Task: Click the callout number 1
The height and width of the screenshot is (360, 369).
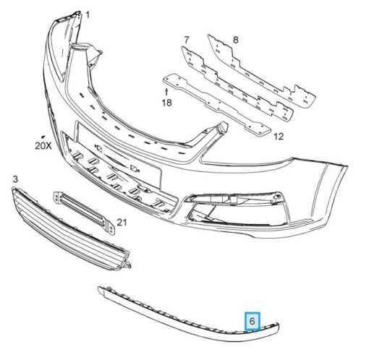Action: click(88, 15)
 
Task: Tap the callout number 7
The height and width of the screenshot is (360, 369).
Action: click(186, 40)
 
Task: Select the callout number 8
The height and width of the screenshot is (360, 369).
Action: click(235, 40)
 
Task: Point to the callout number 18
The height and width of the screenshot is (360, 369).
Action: click(166, 103)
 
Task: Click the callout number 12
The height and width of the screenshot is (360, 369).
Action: click(279, 137)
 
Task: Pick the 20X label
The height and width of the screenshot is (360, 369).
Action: click(43, 145)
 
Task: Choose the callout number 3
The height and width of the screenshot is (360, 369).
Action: click(15, 179)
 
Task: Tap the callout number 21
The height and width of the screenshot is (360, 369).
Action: click(122, 222)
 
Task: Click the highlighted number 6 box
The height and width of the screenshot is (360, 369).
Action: click(253, 321)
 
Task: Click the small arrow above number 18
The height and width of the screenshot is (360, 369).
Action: click(166, 92)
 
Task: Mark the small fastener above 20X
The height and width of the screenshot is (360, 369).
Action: click(43, 137)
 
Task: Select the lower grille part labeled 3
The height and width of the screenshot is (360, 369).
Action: click(70, 229)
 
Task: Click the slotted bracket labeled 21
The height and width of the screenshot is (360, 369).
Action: click(84, 213)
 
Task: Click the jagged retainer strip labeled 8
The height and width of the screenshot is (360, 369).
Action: click(262, 71)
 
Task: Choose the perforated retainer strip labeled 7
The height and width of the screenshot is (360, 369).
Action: click(237, 83)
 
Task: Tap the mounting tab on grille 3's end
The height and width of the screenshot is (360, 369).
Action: click(127, 265)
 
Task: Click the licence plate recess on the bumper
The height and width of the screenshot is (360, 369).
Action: click(118, 154)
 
